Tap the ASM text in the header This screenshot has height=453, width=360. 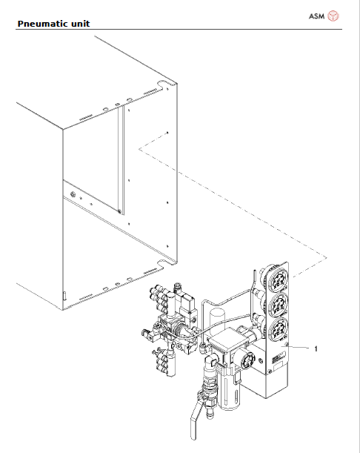[x=316, y=16]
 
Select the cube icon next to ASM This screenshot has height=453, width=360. [x=334, y=16]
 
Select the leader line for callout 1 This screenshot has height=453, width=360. [x=300, y=346]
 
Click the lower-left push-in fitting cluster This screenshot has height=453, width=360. [x=164, y=364]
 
